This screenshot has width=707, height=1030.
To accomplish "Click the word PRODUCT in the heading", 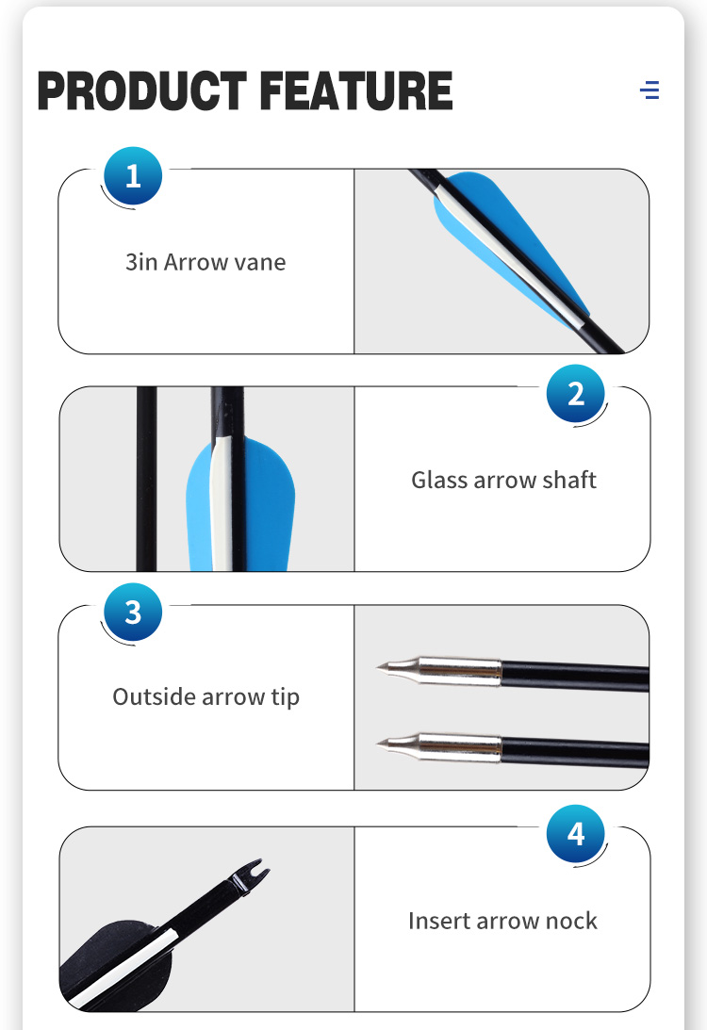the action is tap(142, 90).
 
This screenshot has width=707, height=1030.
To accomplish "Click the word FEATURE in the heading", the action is tap(356, 90).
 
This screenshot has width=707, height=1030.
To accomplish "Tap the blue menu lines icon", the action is tap(649, 90).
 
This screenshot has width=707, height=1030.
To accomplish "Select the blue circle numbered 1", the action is tap(133, 176).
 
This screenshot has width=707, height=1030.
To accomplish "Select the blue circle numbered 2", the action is tap(576, 394).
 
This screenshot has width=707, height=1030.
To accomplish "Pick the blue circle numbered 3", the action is tap(133, 612).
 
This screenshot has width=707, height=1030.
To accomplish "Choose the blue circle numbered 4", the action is tap(576, 834).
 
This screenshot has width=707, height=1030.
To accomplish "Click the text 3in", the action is tap(141, 262).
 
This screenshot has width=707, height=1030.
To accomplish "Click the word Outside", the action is tap(154, 696).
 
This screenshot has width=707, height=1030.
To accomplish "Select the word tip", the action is tap(286, 697).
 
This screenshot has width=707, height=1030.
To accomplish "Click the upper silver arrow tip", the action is tap(438, 671).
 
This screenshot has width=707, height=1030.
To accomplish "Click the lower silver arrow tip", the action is tap(438, 747).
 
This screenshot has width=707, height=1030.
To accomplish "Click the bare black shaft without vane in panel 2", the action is tap(146, 479).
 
